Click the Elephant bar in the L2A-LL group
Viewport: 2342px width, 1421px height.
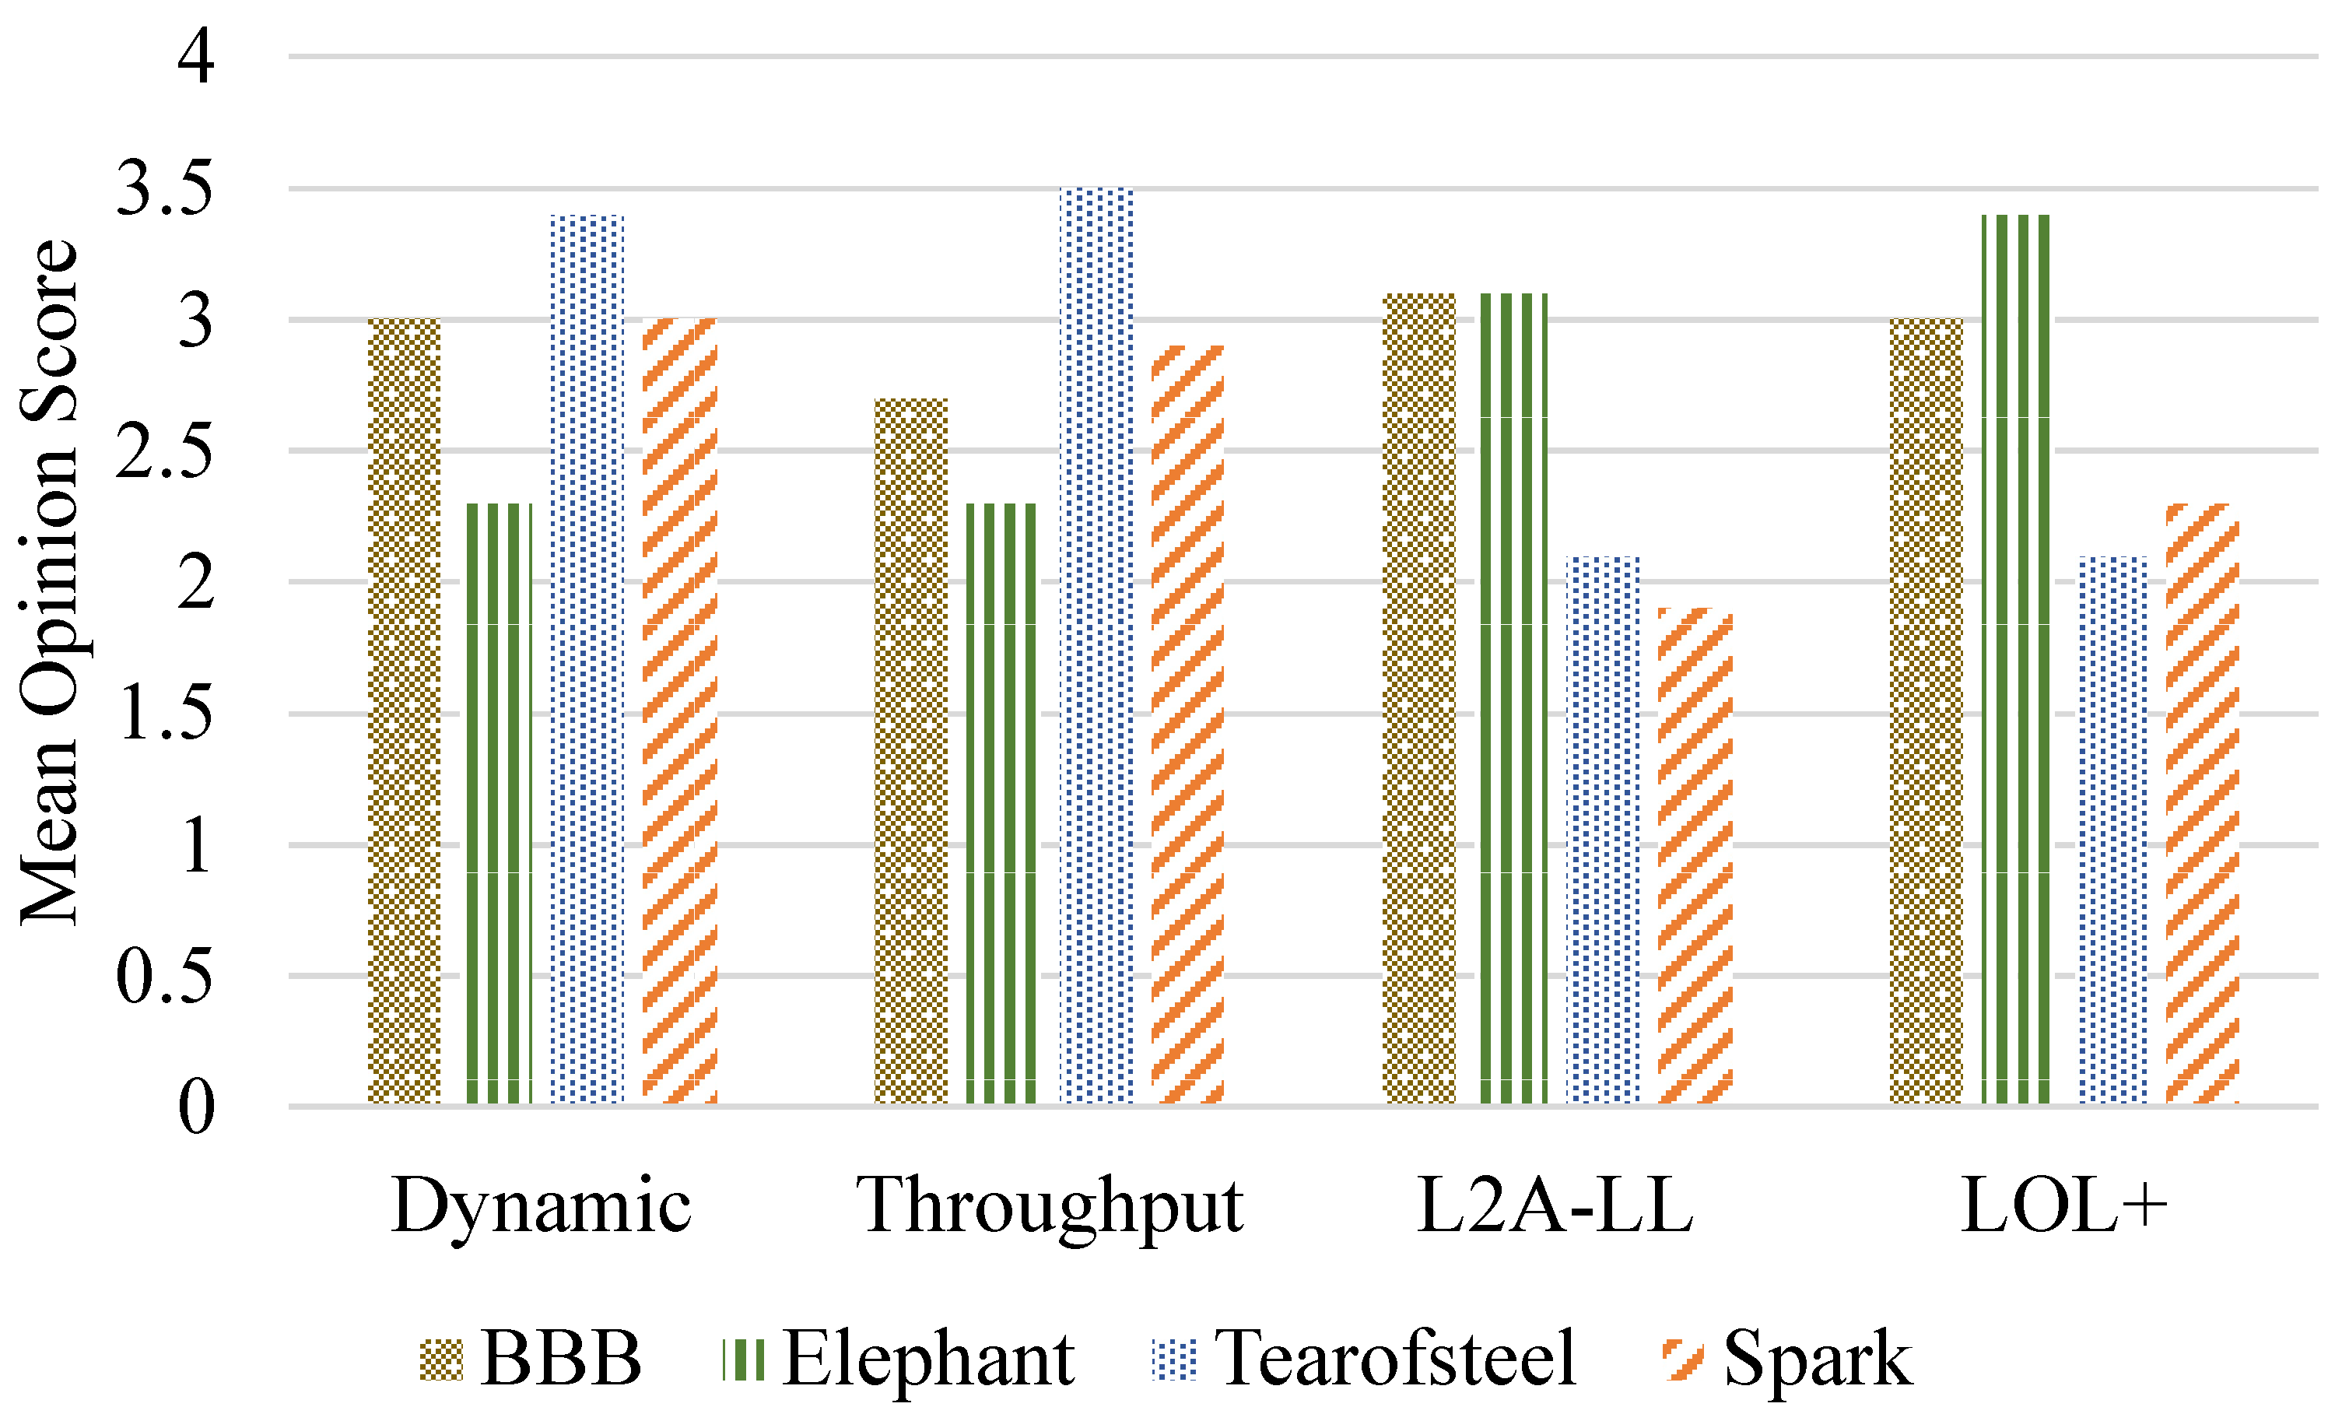tap(1514, 699)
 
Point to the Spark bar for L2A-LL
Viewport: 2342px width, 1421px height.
tap(1695, 855)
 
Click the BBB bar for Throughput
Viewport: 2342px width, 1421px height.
tap(910, 751)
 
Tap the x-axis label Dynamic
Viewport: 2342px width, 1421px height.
tap(541, 1205)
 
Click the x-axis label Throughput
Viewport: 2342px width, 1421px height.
tap(1050, 1205)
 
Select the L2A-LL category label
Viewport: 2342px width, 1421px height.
tap(1555, 1205)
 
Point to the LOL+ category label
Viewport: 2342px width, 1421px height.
tap(2064, 1205)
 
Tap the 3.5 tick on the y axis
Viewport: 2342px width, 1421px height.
tap(163, 188)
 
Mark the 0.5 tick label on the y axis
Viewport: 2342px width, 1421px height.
tap(163, 976)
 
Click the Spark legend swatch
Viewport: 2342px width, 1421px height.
tap(1683, 1360)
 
